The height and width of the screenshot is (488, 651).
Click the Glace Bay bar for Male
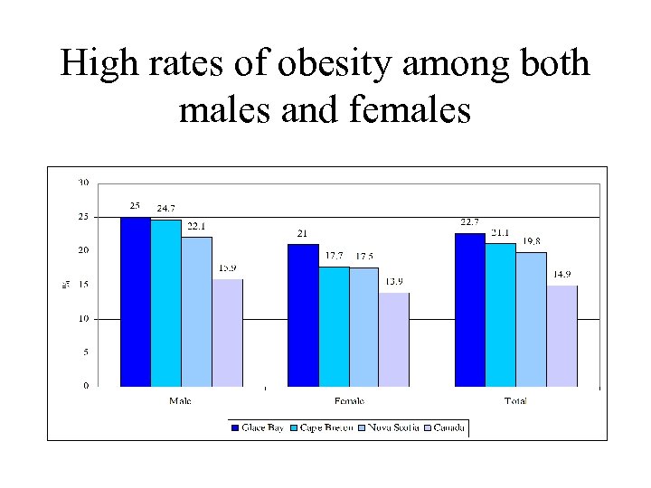point(136,302)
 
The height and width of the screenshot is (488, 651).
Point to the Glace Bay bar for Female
point(303,315)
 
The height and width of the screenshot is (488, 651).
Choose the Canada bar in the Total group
point(561,336)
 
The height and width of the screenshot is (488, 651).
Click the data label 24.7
point(166,209)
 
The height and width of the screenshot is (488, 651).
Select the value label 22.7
point(469,222)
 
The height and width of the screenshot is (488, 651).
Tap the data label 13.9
point(395,282)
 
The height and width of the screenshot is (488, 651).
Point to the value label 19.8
point(532,241)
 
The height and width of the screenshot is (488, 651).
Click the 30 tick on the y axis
point(83,183)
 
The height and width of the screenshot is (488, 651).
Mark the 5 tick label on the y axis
point(86,352)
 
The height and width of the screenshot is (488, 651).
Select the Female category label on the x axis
point(349,400)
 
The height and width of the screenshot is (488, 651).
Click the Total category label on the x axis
point(515,400)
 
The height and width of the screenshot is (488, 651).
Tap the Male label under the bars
point(181,400)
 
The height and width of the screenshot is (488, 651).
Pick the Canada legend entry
point(448,427)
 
